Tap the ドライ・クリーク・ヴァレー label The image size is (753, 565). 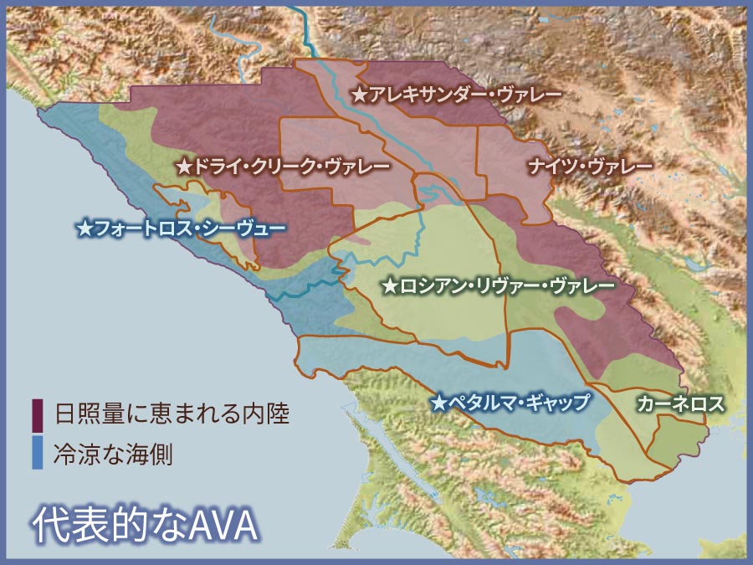tap(292, 167)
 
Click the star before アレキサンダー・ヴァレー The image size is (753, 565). tap(358, 95)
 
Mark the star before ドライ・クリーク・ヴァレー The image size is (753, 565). tap(184, 167)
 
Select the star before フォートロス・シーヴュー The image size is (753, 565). tap(84, 227)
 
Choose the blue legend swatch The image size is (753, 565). tap(38, 453)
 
